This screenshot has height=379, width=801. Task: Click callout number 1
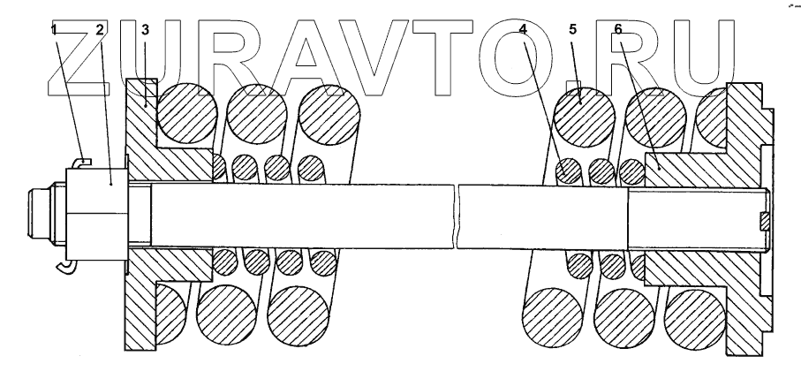(x=54, y=28)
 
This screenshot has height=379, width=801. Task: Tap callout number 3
(x=145, y=28)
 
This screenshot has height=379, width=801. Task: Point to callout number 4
(x=524, y=28)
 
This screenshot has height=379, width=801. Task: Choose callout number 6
(x=617, y=28)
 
